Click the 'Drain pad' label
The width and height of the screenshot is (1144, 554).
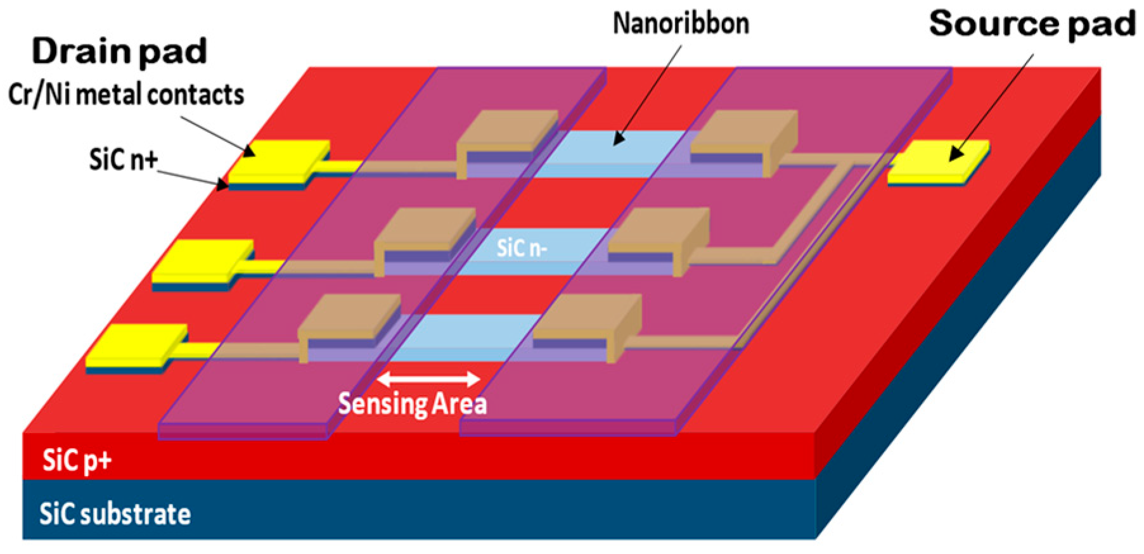point(119,51)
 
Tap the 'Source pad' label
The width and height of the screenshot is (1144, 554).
point(1032,24)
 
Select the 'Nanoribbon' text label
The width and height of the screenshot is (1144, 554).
point(681,24)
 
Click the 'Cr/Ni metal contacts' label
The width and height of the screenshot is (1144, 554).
point(126,95)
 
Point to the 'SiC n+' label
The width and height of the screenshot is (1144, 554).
point(123,160)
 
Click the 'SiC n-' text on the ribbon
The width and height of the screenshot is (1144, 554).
point(522,248)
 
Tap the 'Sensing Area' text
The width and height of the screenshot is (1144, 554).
point(412,404)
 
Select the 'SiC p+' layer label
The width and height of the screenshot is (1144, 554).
point(77,460)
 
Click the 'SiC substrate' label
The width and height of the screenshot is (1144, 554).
point(115,513)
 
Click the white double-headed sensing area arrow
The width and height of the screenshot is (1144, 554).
point(428,379)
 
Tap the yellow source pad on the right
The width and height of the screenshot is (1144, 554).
point(938,161)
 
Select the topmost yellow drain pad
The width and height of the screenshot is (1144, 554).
point(279,158)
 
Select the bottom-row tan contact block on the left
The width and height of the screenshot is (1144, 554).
point(349,320)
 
